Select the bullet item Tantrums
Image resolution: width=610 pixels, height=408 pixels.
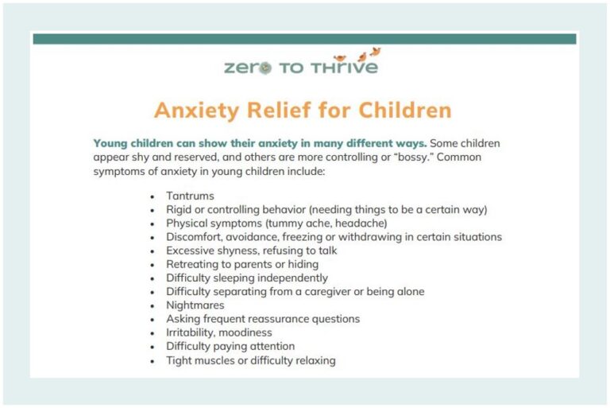coord(190,196)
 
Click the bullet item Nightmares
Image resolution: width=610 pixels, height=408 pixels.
coord(195,305)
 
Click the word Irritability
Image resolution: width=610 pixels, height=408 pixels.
coord(191,332)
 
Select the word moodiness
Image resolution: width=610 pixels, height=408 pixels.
coord(247,332)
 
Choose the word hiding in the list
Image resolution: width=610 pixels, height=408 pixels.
coord(302,264)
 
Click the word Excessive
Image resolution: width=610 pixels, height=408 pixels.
coord(191,251)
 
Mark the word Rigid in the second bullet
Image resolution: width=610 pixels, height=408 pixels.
coord(180,210)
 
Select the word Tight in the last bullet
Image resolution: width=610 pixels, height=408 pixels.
coord(180,360)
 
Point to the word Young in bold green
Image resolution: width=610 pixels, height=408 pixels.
coord(110,144)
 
